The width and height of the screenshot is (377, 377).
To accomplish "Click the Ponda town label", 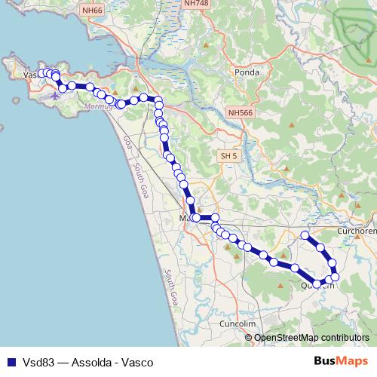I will [247, 72].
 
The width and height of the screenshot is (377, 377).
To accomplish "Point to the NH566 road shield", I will [240, 112].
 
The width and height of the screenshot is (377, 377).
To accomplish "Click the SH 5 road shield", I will [228, 156].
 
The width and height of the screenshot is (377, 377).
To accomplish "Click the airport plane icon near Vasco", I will [56, 96].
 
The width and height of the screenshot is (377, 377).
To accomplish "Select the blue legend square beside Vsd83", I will [11, 362].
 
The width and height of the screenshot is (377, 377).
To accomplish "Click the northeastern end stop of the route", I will [305, 235].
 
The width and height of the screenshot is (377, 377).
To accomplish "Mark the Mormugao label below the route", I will [100, 107].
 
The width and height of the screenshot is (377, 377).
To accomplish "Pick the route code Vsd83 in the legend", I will [38, 363].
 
